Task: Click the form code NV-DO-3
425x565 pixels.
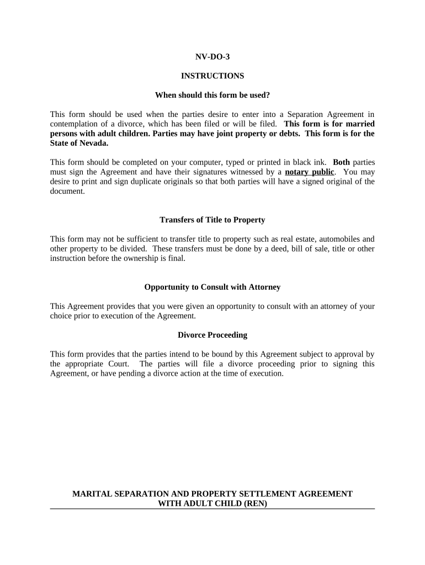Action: (x=212, y=57)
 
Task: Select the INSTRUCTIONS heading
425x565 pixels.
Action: (x=212, y=76)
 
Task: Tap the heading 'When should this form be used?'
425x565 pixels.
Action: (x=212, y=95)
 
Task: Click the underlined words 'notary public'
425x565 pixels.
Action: (x=309, y=172)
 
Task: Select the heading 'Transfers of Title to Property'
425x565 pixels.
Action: (x=212, y=220)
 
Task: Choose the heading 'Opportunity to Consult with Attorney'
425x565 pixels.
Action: (x=212, y=287)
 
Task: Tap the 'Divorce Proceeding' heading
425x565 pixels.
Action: (x=212, y=335)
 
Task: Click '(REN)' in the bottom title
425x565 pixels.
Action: (x=254, y=503)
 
